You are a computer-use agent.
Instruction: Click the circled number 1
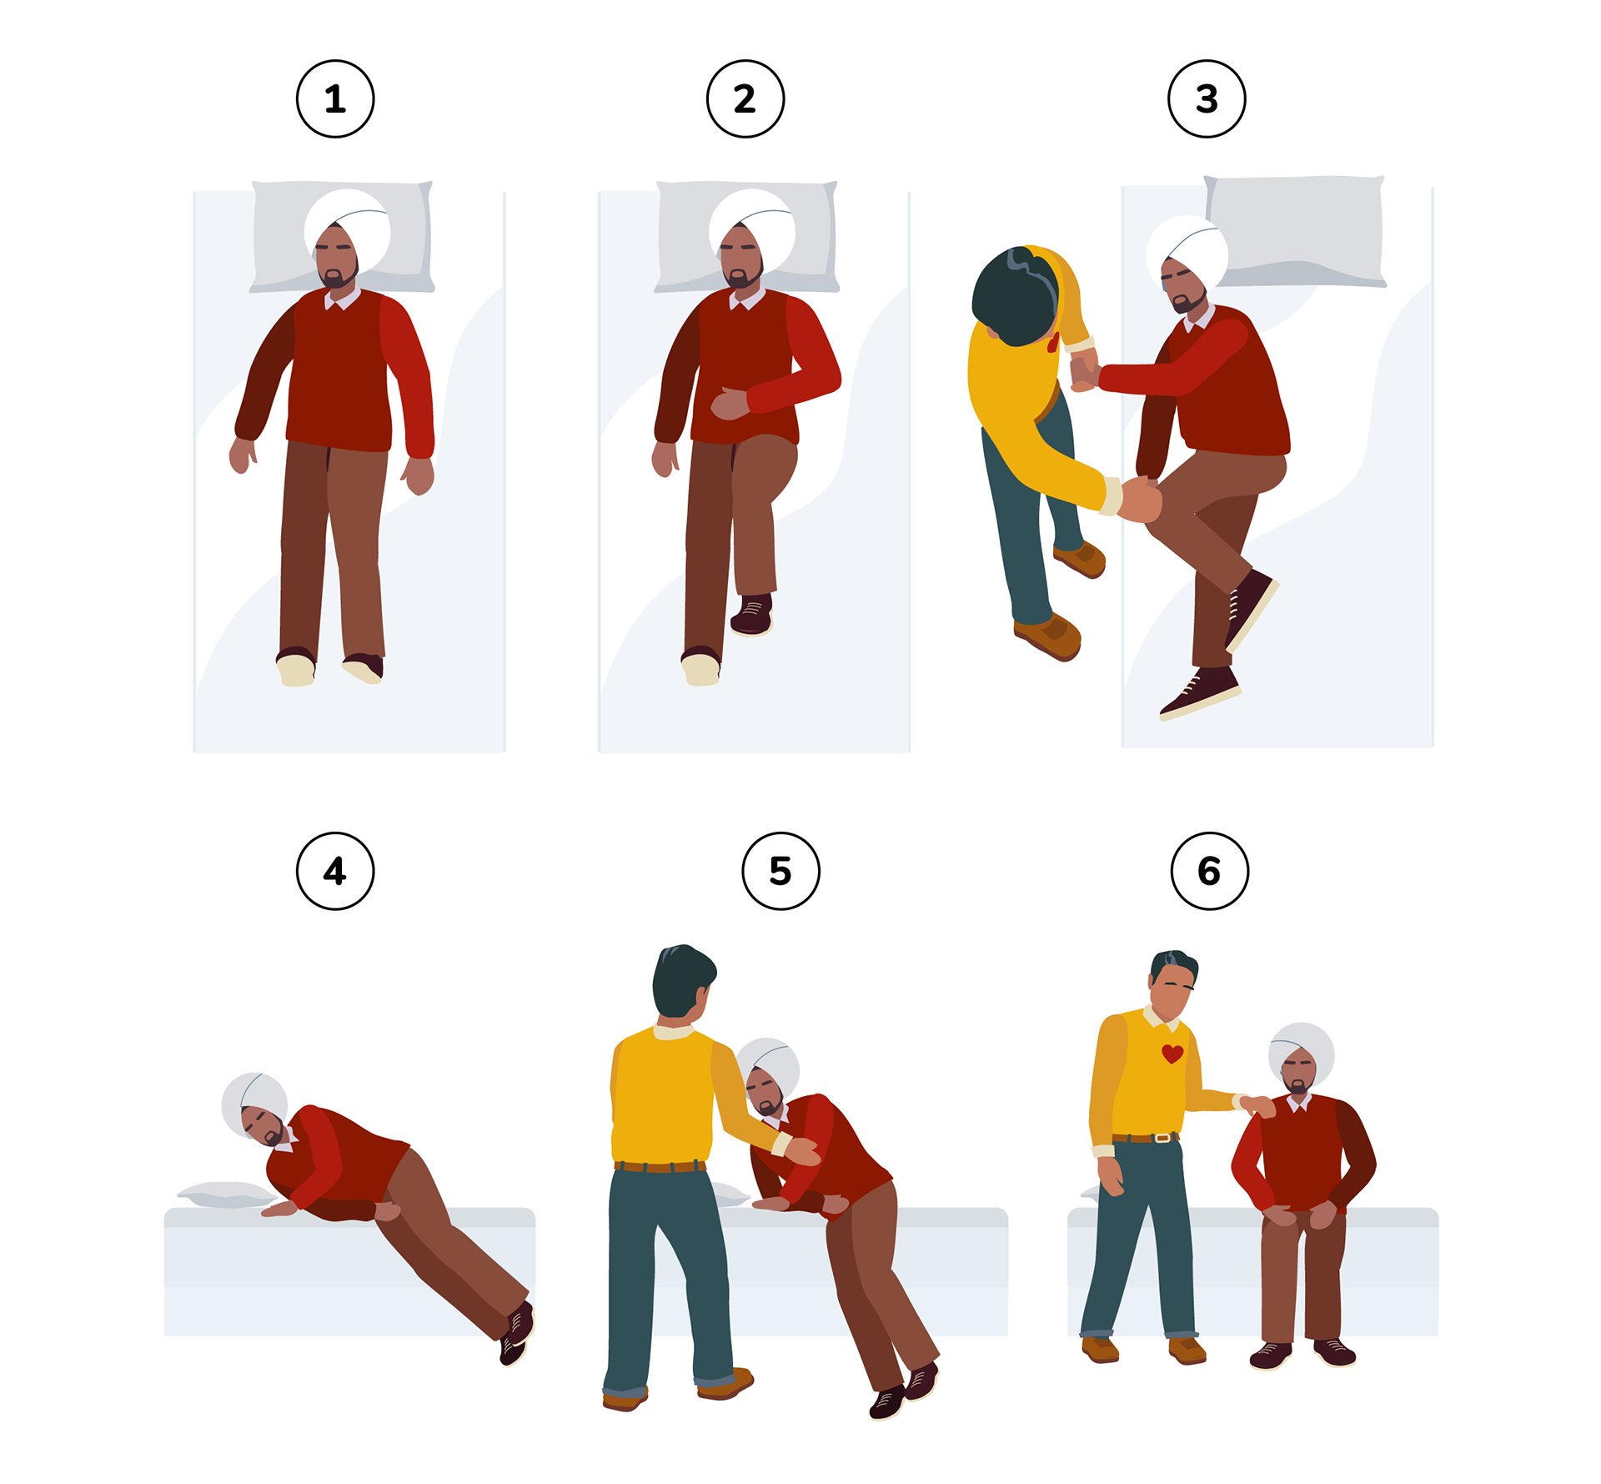(x=335, y=98)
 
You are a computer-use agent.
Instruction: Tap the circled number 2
(x=745, y=98)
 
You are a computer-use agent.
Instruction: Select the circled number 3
(x=1207, y=98)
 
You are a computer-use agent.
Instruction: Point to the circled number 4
(x=335, y=871)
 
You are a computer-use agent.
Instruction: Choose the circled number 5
(x=780, y=871)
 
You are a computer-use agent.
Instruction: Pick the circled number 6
(x=1209, y=871)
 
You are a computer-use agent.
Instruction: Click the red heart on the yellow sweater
(x=1172, y=1054)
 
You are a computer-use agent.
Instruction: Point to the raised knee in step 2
(x=771, y=467)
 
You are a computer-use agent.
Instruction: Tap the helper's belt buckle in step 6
(x=1162, y=1137)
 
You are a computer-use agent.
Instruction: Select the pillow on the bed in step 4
(x=225, y=1195)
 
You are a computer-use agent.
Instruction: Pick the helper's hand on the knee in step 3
(x=1139, y=499)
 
